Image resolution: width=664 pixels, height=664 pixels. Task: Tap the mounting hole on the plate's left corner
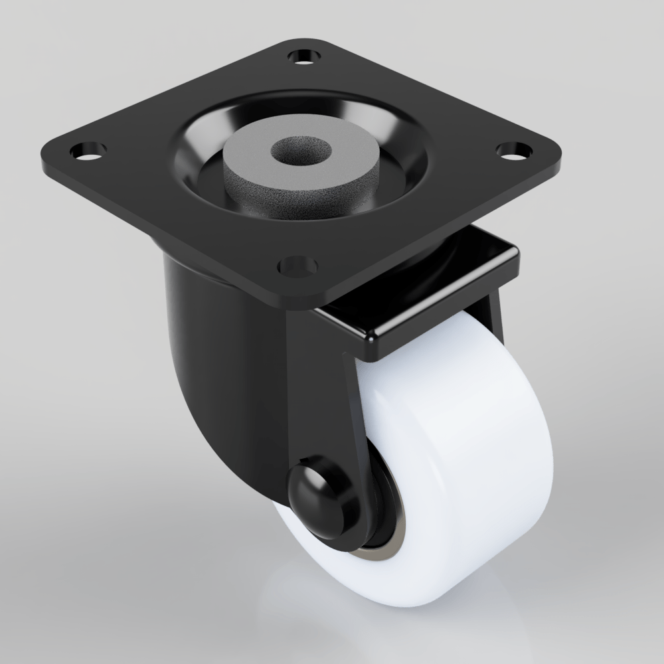pos(84,151)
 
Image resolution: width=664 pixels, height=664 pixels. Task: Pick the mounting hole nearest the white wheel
pos(297,266)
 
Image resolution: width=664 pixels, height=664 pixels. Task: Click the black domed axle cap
pos(317,489)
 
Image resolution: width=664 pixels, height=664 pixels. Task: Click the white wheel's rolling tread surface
pos(465,465)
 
